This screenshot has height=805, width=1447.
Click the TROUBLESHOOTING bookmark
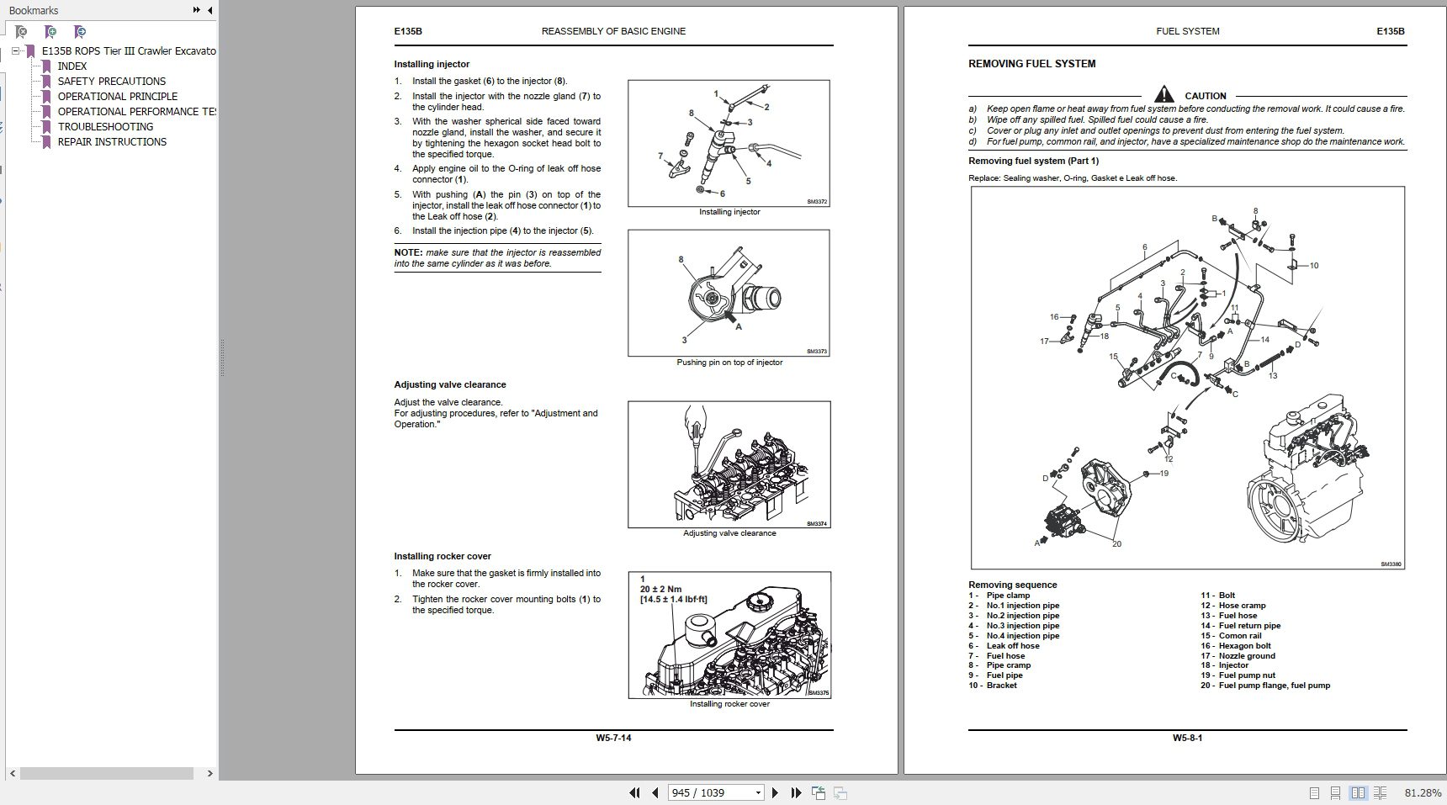[x=105, y=127]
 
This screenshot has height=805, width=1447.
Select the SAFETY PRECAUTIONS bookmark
[x=111, y=82]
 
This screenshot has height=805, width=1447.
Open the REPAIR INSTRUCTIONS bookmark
[x=112, y=142]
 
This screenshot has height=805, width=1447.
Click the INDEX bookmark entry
[x=72, y=66]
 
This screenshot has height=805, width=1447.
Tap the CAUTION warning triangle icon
[x=1163, y=94]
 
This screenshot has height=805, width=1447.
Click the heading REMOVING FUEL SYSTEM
[x=1031, y=64]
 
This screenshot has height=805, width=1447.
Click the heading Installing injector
[x=432, y=65]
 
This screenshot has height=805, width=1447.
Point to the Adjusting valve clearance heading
[x=450, y=385]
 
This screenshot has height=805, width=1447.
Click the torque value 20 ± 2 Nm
[x=660, y=589]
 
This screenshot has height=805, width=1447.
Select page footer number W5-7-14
[x=613, y=739]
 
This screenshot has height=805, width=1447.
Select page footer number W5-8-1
[x=1187, y=739]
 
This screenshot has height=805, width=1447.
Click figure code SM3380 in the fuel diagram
[x=1391, y=564]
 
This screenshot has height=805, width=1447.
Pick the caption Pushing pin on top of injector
[x=729, y=363]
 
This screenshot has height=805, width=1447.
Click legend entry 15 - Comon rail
[x=1232, y=636]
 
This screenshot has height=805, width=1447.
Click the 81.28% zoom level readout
[x=1423, y=793]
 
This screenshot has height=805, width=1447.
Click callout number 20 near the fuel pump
[x=1116, y=544]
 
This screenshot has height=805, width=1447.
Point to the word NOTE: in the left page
[x=408, y=252]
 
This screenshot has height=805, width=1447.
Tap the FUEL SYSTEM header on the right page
[x=1187, y=32]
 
